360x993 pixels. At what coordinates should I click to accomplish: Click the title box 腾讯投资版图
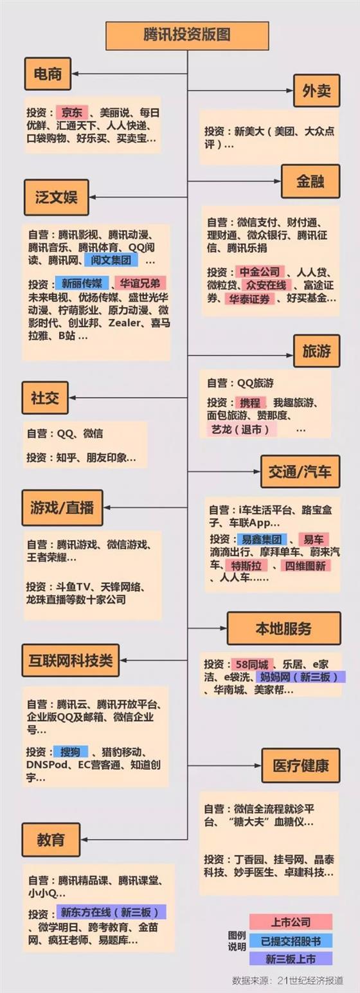[x=187, y=35]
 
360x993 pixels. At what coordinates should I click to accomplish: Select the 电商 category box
[x=48, y=73]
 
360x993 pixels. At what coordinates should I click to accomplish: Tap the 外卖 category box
[x=316, y=91]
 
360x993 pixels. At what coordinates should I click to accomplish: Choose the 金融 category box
[x=310, y=181]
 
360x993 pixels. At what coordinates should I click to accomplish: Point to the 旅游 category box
[x=316, y=351]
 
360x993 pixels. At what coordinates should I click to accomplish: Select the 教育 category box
[x=51, y=840]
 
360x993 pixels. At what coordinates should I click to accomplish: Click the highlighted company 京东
[x=72, y=113]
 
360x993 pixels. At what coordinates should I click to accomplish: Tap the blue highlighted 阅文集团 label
[x=111, y=260]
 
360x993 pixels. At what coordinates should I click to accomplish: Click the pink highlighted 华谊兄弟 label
[x=140, y=283]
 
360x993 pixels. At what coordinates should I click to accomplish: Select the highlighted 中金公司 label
[x=260, y=272]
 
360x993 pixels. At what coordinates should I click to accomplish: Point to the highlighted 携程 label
[x=250, y=403]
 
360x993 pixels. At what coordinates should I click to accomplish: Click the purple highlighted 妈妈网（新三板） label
[x=301, y=677]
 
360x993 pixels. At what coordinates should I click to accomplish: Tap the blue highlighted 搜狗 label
[x=70, y=752]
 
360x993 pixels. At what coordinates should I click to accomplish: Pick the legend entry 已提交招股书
[x=291, y=941]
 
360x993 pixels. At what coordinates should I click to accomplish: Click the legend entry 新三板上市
[x=291, y=959]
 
